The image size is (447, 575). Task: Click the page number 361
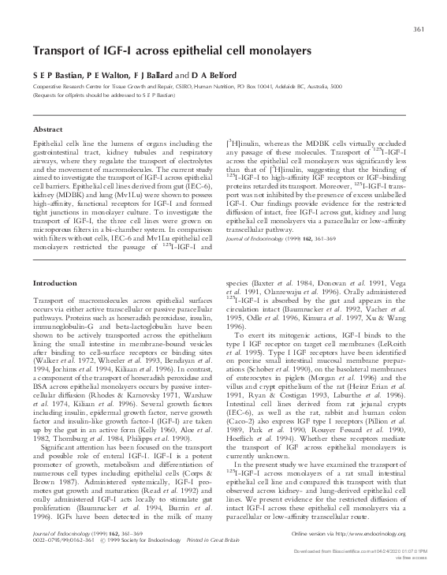(419, 31)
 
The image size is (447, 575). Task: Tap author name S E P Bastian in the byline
(58, 73)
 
